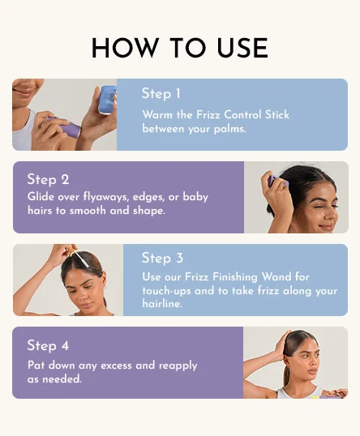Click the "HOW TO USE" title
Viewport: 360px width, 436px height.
tap(180, 48)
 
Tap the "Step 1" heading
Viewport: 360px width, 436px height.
tap(161, 93)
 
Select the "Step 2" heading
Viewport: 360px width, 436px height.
tap(48, 179)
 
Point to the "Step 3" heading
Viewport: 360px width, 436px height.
tap(162, 258)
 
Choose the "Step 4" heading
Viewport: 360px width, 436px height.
tap(48, 345)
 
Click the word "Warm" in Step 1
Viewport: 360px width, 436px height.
tap(157, 114)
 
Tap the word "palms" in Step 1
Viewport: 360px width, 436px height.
tap(229, 129)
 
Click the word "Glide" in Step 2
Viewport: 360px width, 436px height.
tap(41, 197)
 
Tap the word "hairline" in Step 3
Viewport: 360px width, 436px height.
tap(162, 303)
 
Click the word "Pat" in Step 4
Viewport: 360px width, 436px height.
tap(36, 365)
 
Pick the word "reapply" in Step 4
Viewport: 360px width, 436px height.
tap(178, 365)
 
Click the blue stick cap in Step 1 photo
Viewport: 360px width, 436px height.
tap(108, 99)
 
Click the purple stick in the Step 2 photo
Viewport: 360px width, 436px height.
tap(273, 181)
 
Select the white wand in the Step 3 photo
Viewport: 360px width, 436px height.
tap(81, 259)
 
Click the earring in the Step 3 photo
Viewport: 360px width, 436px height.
tap(104, 287)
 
